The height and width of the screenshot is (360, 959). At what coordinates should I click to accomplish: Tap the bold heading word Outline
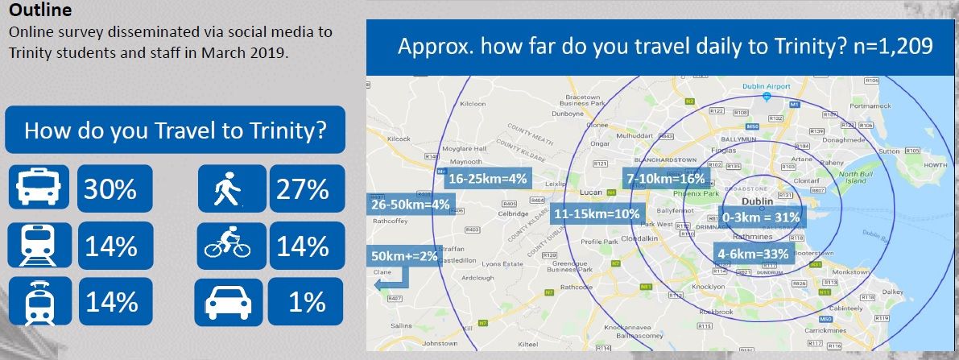point(39,11)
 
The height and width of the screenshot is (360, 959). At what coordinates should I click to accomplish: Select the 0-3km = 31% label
point(761,217)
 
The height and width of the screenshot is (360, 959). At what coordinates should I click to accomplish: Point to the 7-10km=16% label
point(666,178)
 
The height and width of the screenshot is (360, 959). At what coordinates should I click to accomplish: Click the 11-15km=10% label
point(597,214)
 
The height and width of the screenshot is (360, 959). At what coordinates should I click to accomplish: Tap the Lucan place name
point(593,193)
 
